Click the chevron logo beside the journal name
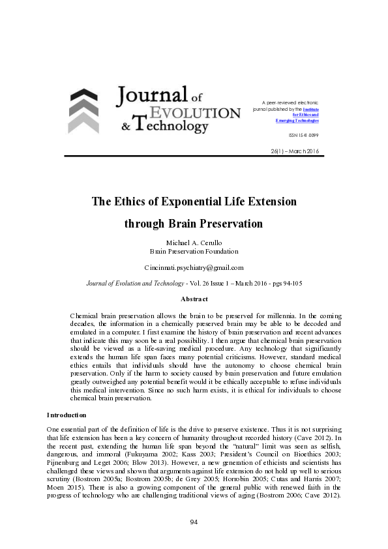tap(83, 110)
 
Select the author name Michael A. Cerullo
tap(193, 243)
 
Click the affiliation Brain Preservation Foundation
tap(193, 250)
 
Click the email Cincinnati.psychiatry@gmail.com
tap(194, 267)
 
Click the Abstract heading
tap(194, 299)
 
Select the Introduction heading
tap(69, 415)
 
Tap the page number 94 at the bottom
tap(194, 522)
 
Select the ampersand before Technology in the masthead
tap(123, 126)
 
